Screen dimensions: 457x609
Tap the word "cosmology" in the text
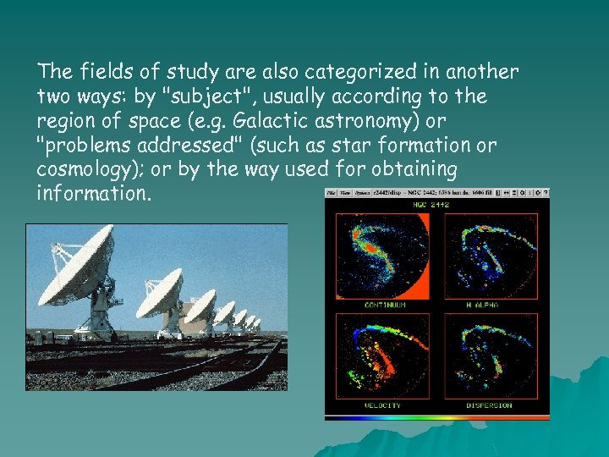(x=78, y=170)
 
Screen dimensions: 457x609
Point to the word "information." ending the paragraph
(x=94, y=195)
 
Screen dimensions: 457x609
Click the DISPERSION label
(x=491, y=405)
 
